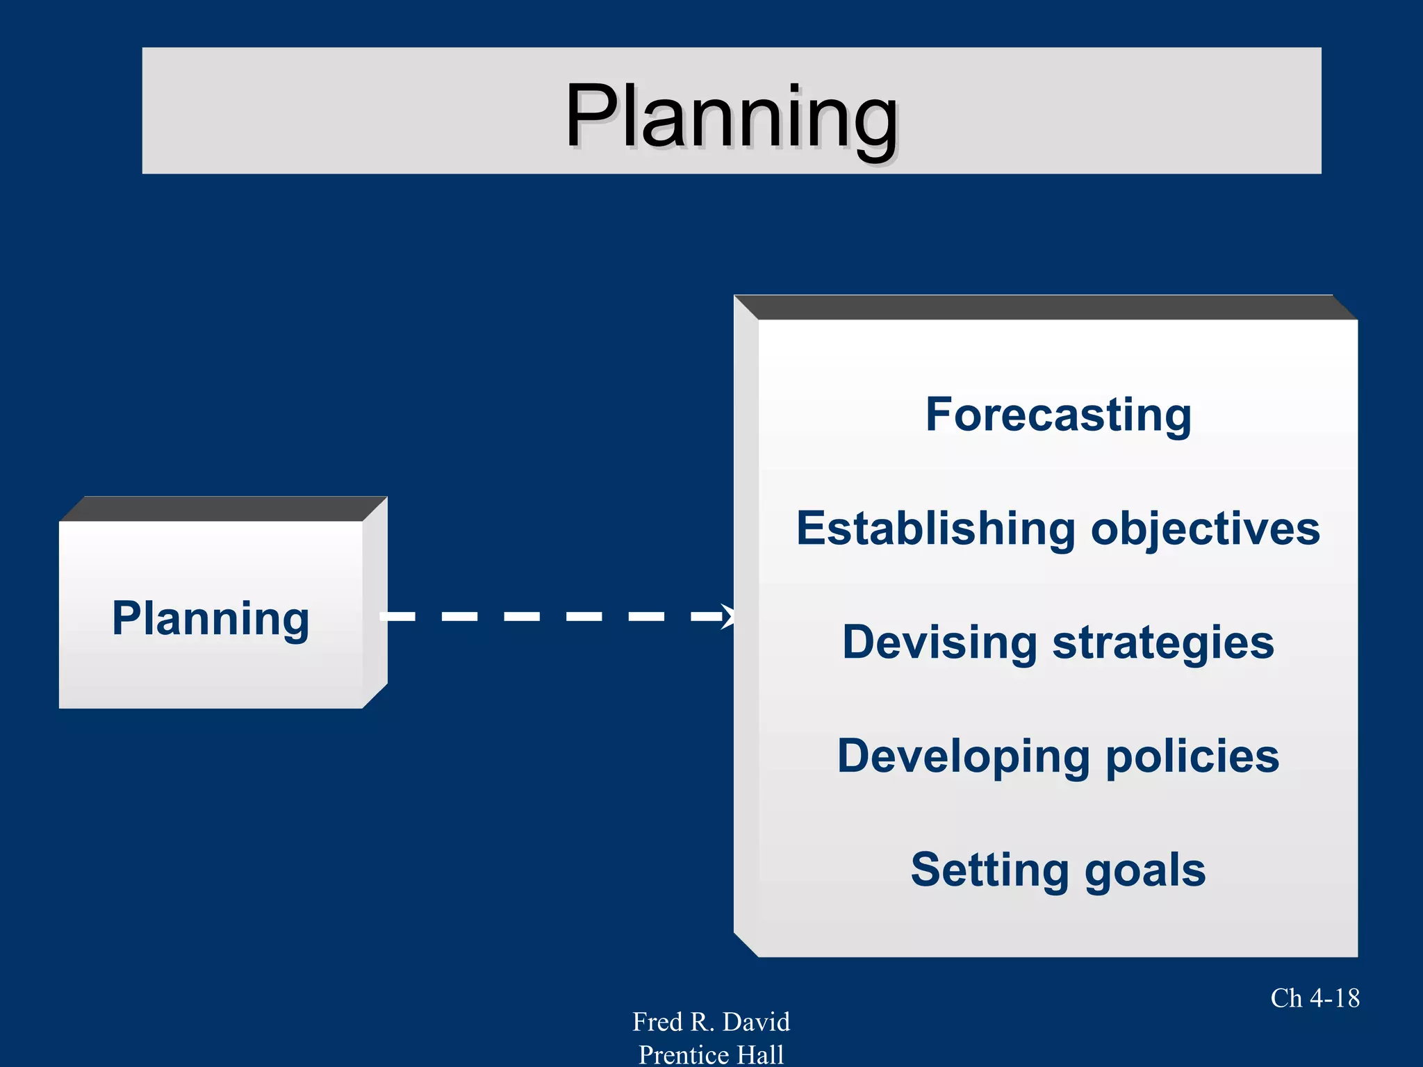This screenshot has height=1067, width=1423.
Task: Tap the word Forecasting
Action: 1058,415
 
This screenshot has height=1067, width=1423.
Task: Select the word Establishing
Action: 936,529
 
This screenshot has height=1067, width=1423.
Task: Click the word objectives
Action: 1205,529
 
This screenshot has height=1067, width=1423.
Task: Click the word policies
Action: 1192,756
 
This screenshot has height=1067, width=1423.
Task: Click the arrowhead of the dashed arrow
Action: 727,616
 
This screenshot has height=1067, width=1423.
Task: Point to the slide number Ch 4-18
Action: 1315,998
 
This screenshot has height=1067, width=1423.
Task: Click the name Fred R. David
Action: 711,1022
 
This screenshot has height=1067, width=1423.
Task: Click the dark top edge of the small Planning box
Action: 222,508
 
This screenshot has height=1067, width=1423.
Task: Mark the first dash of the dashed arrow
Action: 398,616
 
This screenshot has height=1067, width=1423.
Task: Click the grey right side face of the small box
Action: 375,603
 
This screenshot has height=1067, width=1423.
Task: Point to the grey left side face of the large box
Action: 746,625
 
